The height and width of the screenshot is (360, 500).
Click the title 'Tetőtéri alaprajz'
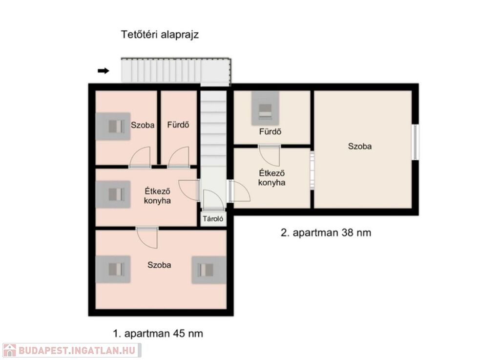pyautogui.click(x=160, y=35)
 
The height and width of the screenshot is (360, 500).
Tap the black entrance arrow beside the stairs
pyautogui.click(x=104, y=71)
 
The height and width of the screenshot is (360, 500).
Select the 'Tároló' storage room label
pyautogui.click(x=213, y=219)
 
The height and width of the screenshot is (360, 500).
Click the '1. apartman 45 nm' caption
pyautogui.click(x=158, y=334)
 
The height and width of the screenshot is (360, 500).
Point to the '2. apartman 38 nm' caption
pyautogui.click(x=326, y=233)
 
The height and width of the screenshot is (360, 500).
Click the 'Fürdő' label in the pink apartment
pyautogui.click(x=178, y=125)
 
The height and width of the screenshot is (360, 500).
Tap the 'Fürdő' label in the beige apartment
pyautogui.click(x=270, y=131)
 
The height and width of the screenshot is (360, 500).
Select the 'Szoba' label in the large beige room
pyautogui.click(x=360, y=147)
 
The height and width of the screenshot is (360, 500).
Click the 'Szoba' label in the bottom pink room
pyautogui.click(x=159, y=265)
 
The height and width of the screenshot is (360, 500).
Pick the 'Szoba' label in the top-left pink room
pyautogui.click(x=143, y=125)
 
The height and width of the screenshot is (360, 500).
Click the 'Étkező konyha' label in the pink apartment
pyautogui.click(x=157, y=196)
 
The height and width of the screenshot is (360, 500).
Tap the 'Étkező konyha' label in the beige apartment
pyautogui.click(x=271, y=178)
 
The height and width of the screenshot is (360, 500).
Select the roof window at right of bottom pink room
pyautogui.click(x=209, y=270)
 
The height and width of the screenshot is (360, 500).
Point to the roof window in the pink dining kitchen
pyautogui.click(x=113, y=194)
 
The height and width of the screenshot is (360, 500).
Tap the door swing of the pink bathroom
pyautogui.click(x=179, y=157)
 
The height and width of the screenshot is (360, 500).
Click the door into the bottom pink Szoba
pyautogui.click(x=147, y=237)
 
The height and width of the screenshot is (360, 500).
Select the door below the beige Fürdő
pyautogui.click(x=270, y=156)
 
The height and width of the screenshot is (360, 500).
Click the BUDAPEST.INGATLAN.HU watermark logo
pyautogui.click(x=72, y=350)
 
